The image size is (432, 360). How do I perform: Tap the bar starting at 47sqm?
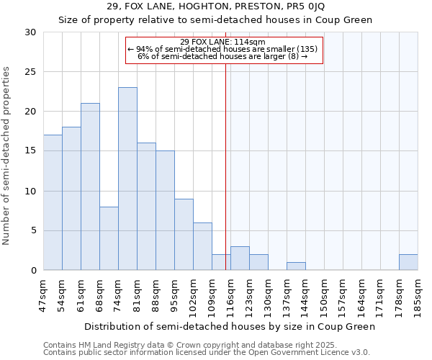click(53, 202)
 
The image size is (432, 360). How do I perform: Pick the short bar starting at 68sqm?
click(109, 238)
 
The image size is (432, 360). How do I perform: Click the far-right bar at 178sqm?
click(408, 262)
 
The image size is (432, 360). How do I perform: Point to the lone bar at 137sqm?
click(296, 266)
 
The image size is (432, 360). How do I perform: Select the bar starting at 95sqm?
click(184, 234)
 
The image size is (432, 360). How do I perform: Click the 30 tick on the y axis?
click(31, 32)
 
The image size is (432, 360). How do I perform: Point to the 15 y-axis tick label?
click(31, 151)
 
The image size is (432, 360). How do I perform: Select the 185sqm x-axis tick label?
click(418, 295)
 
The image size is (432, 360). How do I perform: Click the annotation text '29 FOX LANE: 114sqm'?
click(223, 42)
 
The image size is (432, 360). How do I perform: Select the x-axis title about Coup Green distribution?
click(230, 326)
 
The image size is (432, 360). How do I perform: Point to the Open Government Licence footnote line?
click(207, 352)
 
